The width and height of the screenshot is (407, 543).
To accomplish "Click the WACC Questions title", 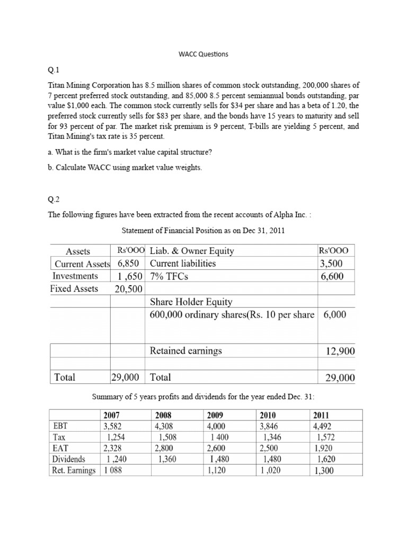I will pos(203,54).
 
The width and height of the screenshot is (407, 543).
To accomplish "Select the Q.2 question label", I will pos(55,199).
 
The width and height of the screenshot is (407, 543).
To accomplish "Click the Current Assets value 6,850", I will pos(128,264).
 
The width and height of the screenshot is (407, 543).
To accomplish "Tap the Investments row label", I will pos(75,276).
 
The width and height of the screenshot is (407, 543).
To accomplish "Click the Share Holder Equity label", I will pos(191,302).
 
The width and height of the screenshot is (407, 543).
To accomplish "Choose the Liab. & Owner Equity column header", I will pos(192,251).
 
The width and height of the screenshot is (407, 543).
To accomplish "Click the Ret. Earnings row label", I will pos(74,470).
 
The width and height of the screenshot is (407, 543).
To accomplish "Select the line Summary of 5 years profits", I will pos(203,397).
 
